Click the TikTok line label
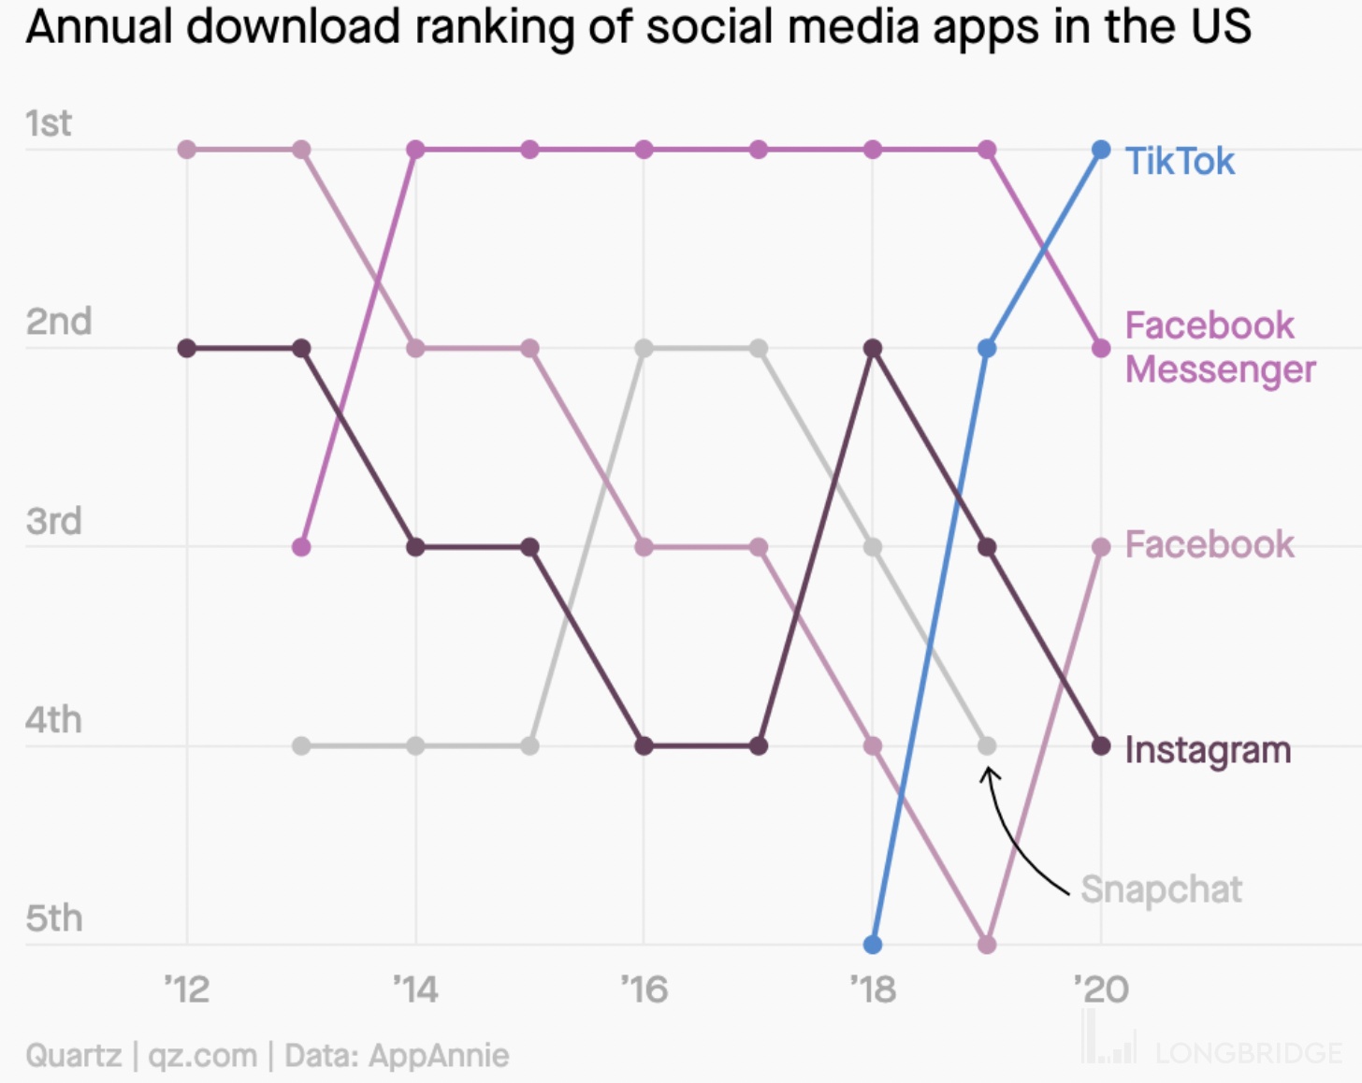coord(1179,162)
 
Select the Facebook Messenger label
coord(1219,347)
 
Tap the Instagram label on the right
coord(1207,750)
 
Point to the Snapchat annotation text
coord(1161,889)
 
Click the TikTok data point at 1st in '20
coord(1101,150)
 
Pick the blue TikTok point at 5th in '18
coord(873,945)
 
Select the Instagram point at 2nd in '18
coord(873,349)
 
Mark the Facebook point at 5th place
coord(987,945)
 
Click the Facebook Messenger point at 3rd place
coord(301,547)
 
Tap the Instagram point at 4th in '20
coord(1101,746)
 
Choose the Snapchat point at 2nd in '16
coord(644,349)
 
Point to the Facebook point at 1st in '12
coord(187,150)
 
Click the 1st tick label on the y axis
coord(48,123)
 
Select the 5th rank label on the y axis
coord(53,918)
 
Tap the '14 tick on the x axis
coord(415,989)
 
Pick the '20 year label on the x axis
coord(1101,989)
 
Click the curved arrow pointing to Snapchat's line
coord(1015,837)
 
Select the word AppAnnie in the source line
coord(439,1056)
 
